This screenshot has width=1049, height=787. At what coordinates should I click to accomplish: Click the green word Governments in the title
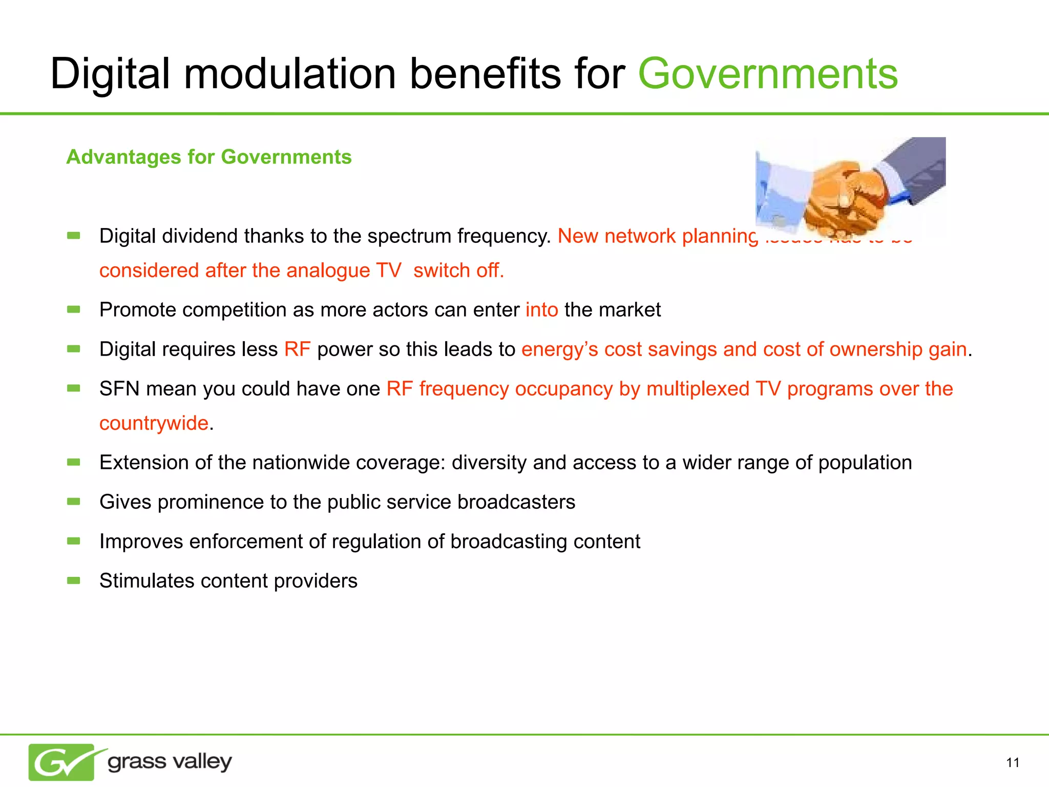[x=767, y=74]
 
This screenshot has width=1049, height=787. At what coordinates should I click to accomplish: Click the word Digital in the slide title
[x=110, y=74]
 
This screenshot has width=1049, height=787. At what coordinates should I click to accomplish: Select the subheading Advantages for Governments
[x=209, y=157]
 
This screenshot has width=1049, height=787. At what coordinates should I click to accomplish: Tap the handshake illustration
[x=850, y=187]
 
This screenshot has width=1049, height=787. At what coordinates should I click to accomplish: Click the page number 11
[x=1012, y=763]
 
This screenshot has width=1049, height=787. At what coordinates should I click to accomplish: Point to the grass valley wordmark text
[x=170, y=762]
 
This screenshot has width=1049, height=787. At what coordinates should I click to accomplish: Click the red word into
[x=541, y=310]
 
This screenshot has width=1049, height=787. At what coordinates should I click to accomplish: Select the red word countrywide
[x=154, y=423]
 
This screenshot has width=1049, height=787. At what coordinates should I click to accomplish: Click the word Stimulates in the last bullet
[x=147, y=581]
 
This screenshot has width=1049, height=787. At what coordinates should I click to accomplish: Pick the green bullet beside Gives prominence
[x=74, y=502]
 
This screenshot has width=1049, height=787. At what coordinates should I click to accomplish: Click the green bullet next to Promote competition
[x=74, y=309]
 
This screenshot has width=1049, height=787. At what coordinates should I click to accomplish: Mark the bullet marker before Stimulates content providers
[x=74, y=581]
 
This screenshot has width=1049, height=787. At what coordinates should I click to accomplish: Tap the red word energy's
[x=559, y=349]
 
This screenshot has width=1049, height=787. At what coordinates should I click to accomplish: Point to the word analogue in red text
[x=328, y=271]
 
